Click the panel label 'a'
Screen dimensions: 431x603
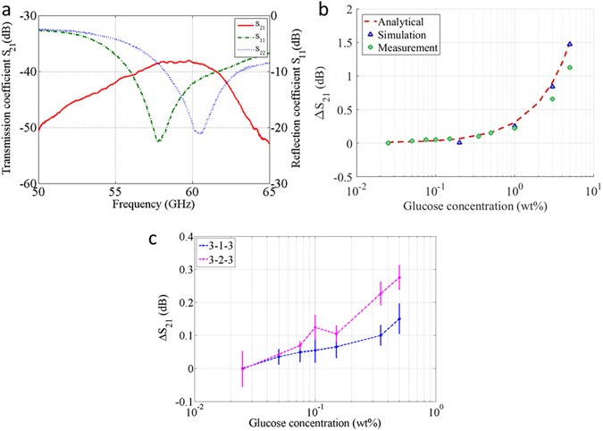tap(7, 9)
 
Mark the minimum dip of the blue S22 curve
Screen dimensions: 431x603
tap(198, 134)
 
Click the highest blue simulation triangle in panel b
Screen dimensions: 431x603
tap(570, 44)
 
